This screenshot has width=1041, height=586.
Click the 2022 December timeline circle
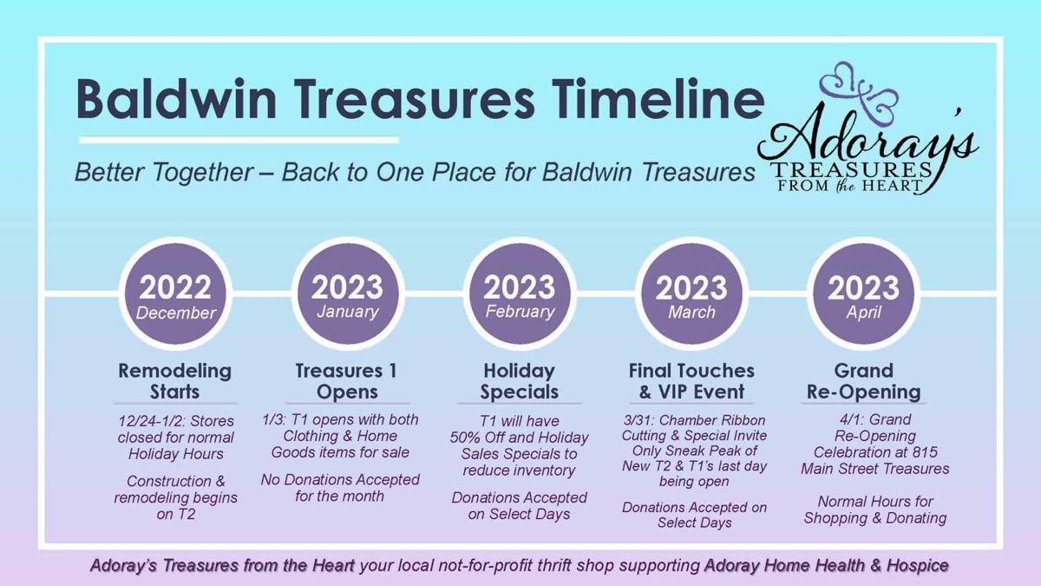[x=175, y=294]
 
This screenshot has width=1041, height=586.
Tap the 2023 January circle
[x=348, y=294]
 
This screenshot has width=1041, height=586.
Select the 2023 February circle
[x=520, y=294]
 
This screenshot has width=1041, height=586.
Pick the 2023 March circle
[x=691, y=294]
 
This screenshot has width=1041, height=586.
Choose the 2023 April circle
[x=863, y=294]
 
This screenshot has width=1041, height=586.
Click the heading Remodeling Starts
[x=174, y=381]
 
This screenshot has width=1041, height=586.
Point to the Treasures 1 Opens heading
[x=347, y=381]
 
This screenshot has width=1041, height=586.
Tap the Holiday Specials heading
[x=519, y=381]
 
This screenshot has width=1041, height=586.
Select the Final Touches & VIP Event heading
[x=691, y=381]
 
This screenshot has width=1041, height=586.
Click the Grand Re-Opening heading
[x=863, y=381]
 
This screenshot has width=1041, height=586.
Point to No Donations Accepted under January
[x=340, y=479]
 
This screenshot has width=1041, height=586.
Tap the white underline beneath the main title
[x=239, y=140]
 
